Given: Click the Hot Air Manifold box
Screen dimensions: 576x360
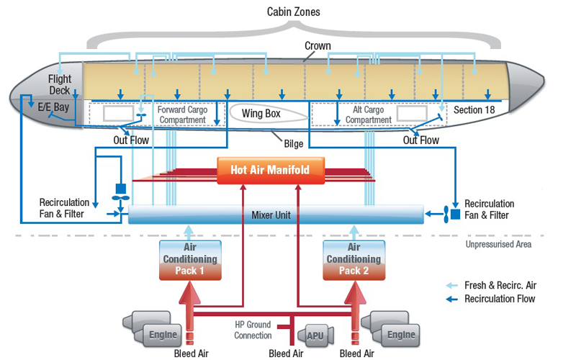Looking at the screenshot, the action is [271, 170].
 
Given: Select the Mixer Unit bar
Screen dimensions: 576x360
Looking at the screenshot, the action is [276, 215].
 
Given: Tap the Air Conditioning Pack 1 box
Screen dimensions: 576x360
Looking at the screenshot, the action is [190, 260].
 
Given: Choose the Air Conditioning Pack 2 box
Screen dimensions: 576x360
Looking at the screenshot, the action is [354, 260].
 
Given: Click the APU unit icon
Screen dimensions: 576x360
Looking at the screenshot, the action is [315, 336].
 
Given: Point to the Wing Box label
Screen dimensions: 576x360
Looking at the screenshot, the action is [261, 114].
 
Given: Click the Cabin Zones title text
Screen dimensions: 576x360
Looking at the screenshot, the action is [294, 12].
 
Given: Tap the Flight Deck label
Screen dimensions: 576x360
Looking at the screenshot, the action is [60, 84].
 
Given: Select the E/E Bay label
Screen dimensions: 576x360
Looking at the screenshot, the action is [53, 107].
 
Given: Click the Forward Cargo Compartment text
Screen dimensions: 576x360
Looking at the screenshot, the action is [183, 114].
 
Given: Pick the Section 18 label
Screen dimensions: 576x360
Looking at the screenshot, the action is [474, 110].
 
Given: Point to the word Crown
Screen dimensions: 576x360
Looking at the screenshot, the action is [318, 46].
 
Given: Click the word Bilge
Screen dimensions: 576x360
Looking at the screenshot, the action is [294, 143].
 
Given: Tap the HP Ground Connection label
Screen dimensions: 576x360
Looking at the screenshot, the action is [253, 330].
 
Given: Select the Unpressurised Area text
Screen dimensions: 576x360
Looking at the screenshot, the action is [498, 244].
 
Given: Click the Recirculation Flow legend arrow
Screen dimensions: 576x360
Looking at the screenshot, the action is [452, 299].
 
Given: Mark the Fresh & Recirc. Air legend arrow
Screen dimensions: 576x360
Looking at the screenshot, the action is [452, 285].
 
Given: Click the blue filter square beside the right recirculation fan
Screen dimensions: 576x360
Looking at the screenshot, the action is [456, 214].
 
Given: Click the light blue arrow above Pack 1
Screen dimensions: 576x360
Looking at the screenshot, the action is [189, 233].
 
